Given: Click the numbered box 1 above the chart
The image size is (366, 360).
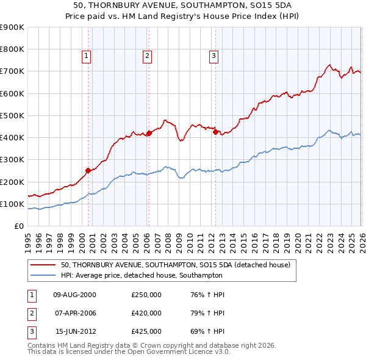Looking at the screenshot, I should (x=87, y=56).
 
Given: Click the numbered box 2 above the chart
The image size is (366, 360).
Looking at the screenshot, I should (x=148, y=56).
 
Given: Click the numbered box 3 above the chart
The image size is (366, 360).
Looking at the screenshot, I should (x=214, y=56).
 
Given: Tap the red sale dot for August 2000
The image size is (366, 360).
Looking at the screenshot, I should (x=88, y=171).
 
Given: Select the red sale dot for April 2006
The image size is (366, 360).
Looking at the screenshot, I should (x=149, y=133).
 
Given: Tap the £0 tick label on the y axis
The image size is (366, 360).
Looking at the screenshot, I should (x=18, y=226).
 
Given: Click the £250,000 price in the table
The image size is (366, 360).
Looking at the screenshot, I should (x=146, y=294).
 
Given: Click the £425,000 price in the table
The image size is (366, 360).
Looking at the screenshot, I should (x=146, y=332).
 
